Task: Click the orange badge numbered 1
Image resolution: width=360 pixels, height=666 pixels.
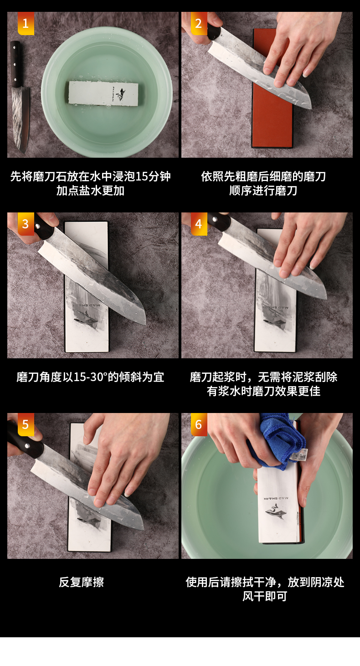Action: click(26, 23)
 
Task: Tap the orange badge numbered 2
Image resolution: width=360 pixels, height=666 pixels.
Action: click(199, 23)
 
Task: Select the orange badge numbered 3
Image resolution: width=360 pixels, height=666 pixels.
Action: click(26, 223)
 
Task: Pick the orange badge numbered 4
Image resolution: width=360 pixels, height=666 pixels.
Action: click(199, 223)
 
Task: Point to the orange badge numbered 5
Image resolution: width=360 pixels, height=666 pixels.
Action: click(26, 424)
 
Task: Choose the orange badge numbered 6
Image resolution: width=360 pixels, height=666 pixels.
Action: click(199, 424)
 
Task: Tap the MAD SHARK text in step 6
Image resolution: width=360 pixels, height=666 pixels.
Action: click(276, 498)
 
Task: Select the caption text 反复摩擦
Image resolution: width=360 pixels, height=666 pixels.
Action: click(82, 582)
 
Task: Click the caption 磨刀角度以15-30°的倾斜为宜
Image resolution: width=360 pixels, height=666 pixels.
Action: click(90, 377)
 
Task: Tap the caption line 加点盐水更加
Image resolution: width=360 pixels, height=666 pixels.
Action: click(90, 191)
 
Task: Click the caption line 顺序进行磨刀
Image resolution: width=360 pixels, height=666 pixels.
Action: click(263, 191)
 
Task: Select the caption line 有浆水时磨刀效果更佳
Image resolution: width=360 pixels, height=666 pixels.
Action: click(264, 391)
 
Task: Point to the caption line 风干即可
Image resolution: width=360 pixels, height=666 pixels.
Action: click(265, 596)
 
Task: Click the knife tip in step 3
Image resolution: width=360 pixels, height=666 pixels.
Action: click(145, 324)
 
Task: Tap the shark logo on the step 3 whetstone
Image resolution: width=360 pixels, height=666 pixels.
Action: click(86, 320)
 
